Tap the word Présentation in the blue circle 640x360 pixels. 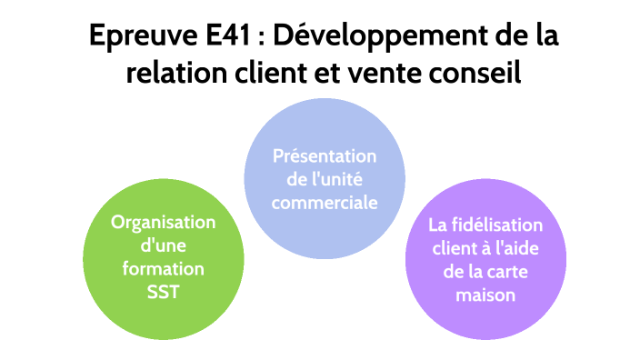coord(325,156)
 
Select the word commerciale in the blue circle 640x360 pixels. coord(325,202)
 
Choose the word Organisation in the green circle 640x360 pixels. coord(163,223)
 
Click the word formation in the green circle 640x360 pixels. coord(164,270)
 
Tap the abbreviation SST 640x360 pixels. coord(163,293)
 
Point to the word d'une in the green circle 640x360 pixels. coord(163,246)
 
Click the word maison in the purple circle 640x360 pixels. coord(486,295)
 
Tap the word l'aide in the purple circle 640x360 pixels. coord(521,248)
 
